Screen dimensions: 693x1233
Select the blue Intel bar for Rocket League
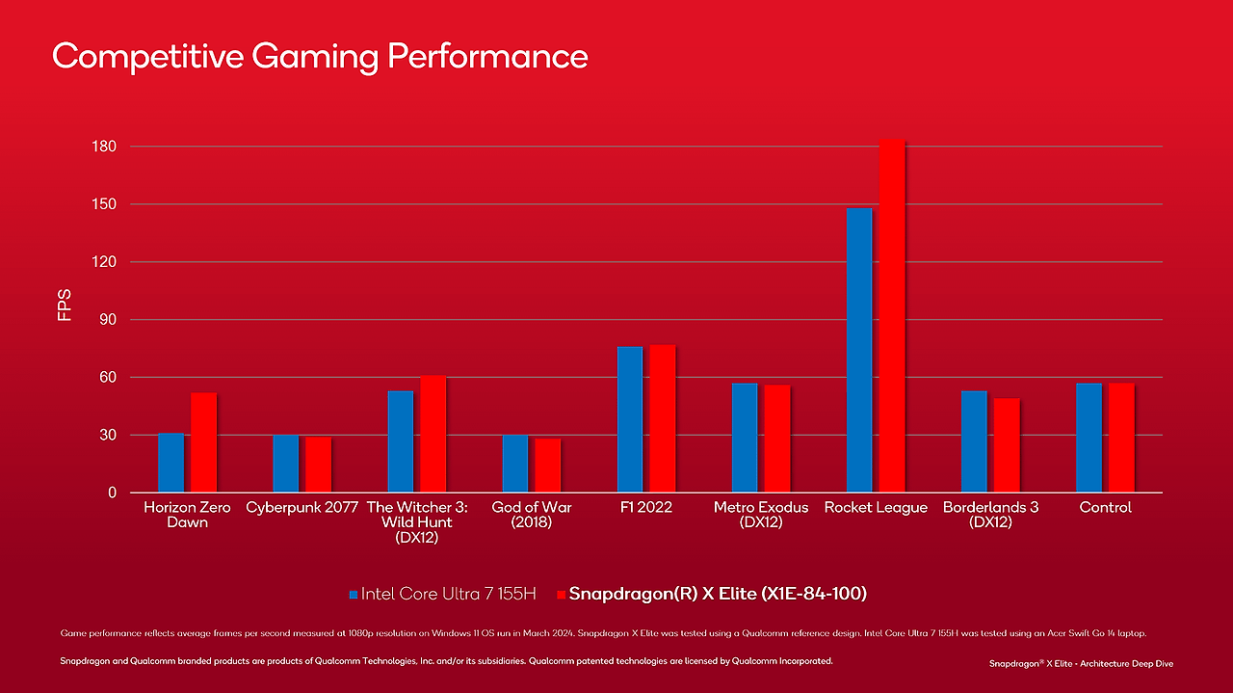pyautogui.click(x=859, y=351)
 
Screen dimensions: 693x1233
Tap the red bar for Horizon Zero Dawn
pyautogui.click(x=203, y=442)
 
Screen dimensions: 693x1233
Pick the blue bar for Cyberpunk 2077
pyautogui.click(x=285, y=464)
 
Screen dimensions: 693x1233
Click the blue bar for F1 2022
pyautogui.click(x=630, y=419)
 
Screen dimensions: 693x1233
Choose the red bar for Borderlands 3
pyautogui.click(x=1007, y=445)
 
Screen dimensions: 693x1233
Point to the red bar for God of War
pyautogui.click(x=547, y=466)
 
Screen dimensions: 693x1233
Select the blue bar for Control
pyautogui.click(x=1089, y=438)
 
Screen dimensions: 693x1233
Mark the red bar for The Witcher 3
pyautogui.click(x=433, y=434)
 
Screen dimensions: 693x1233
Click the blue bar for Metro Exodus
pyautogui.click(x=745, y=438)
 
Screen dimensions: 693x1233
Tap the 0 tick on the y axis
pyautogui.click(x=112, y=493)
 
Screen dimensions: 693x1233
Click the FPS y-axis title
pyautogui.click(x=65, y=305)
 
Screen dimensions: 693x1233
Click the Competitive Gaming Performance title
pyautogui.click(x=320, y=56)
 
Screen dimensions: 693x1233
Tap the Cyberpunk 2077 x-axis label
pyautogui.click(x=302, y=507)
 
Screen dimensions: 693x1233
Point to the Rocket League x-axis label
pyautogui.click(x=876, y=507)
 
